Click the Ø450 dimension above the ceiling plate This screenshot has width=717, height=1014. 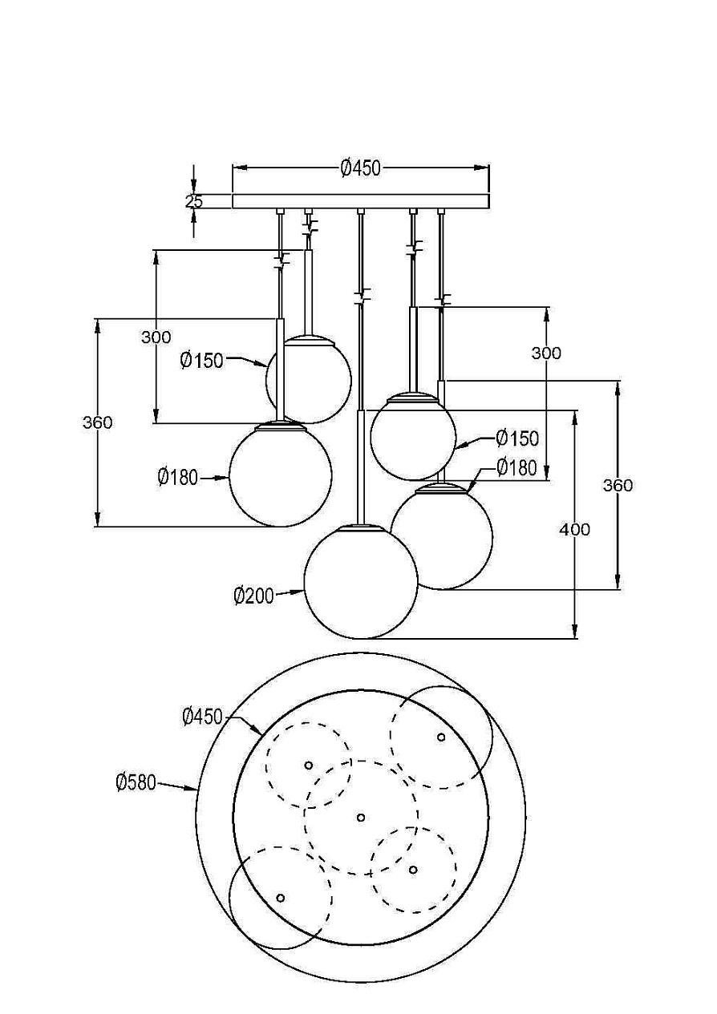pyautogui.click(x=361, y=168)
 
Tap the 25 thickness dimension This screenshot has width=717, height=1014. pyautogui.click(x=194, y=201)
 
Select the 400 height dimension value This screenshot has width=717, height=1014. pyautogui.click(x=575, y=529)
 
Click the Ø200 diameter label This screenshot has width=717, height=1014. pyautogui.click(x=253, y=596)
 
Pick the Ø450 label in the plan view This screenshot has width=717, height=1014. pyautogui.click(x=202, y=717)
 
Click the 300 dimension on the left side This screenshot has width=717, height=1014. pyautogui.click(x=156, y=337)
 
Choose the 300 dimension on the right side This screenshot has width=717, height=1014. pyautogui.click(x=546, y=353)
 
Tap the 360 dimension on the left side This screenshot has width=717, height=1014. pyautogui.click(x=97, y=422)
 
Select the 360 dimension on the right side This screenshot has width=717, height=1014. pyautogui.click(x=618, y=485)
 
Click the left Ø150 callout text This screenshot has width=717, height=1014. pyautogui.click(x=202, y=361)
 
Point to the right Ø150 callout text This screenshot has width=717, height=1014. pyautogui.click(x=518, y=438)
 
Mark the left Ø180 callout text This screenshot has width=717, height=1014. pyautogui.click(x=178, y=477)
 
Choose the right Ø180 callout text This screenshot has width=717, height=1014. pyautogui.click(x=516, y=467)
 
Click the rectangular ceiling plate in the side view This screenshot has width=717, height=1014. pyautogui.click(x=361, y=201)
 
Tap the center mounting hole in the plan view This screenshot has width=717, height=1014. pyautogui.click(x=361, y=818)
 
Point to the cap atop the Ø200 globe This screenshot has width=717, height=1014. pyautogui.click(x=361, y=528)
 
